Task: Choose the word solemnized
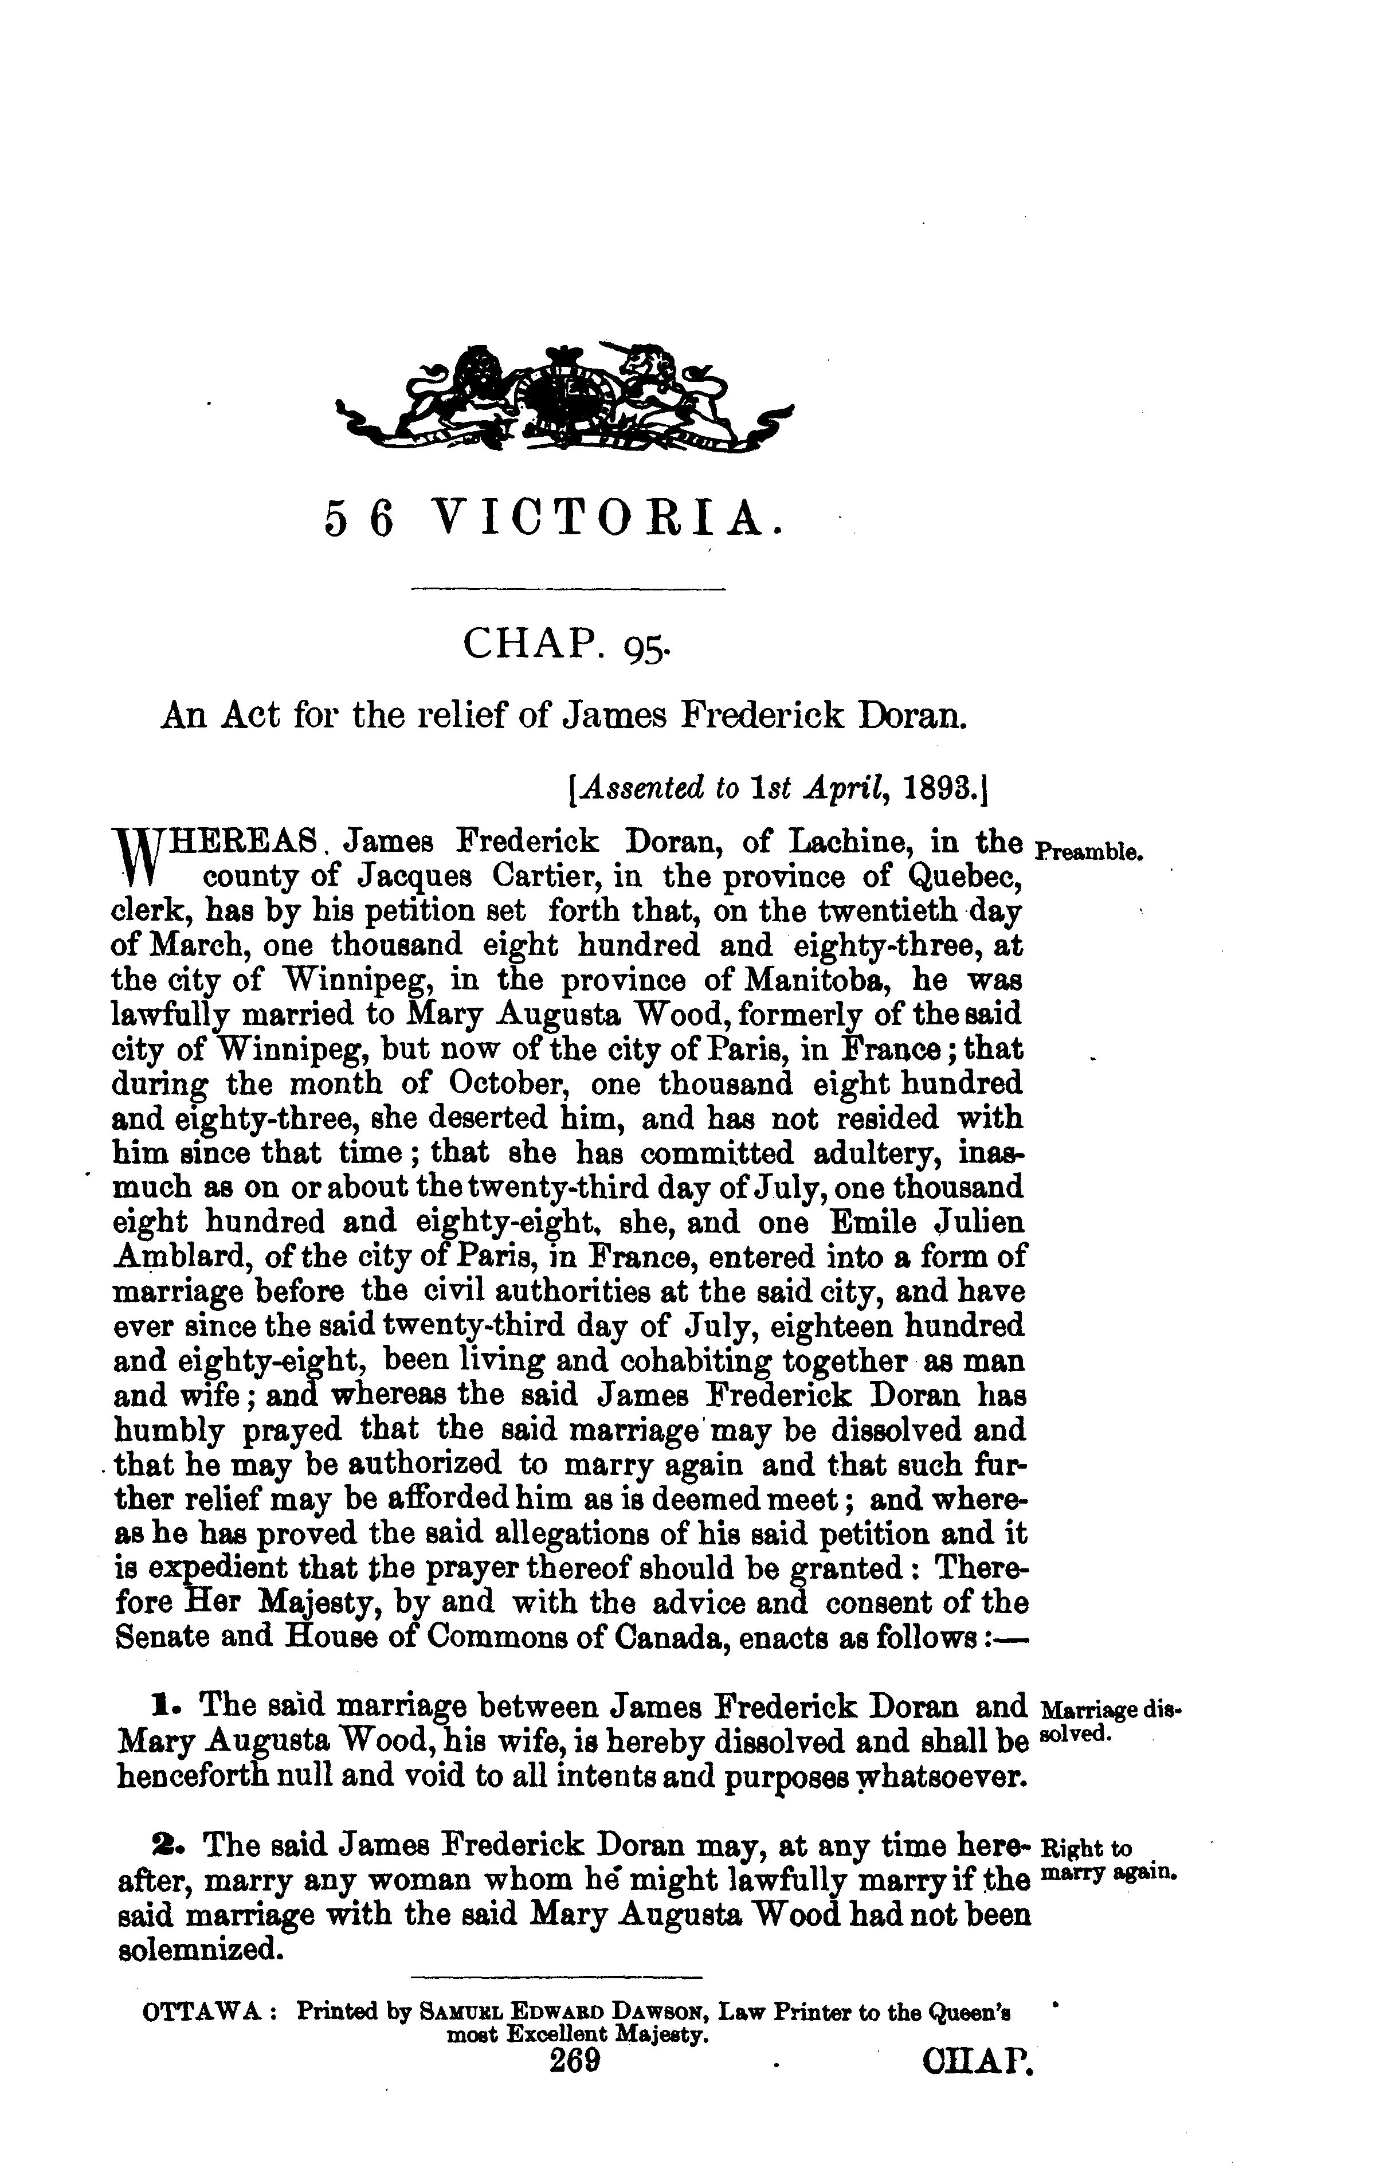pyautogui.click(x=195, y=1951)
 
